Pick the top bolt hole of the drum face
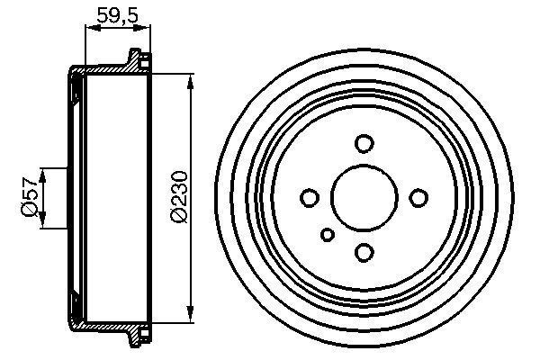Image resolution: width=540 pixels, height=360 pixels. pyautogui.click(x=364, y=143)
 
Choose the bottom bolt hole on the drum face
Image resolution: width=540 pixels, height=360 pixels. pyautogui.click(x=364, y=252)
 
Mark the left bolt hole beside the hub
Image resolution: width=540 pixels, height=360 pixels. pyautogui.click(x=309, y=197)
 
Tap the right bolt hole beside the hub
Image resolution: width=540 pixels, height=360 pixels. pyautogui.click(x=418, y=197)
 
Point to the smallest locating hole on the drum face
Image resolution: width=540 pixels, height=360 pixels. pyautogui.click(x=328, y=235)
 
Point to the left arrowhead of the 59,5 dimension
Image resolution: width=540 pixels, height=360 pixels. pyautogui.click(x=89, y=28)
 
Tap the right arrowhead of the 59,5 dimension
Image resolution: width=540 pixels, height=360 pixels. pyautogui.click(x=143, y=28)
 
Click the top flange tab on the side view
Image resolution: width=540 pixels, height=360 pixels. pyautogui.click(x=137, y=60)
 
